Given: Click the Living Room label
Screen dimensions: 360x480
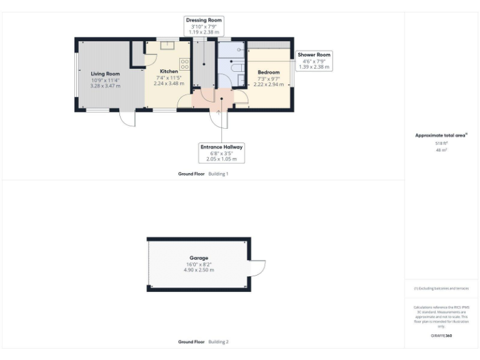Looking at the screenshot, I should pyautogui.click(x=105, y=74).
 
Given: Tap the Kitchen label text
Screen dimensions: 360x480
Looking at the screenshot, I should pyautogui.click(x=169, y=71).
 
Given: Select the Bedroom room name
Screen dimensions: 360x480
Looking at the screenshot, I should pyautogui.click(x=269, y=72).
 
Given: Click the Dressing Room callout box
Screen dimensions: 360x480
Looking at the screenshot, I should pyautogui.click(x=204, y=24).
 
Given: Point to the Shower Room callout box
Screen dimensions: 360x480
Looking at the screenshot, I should pyautogui.click(x=314, y=60).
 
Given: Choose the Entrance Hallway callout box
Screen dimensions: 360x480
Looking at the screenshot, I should pyautogui.click(x=221, y=152).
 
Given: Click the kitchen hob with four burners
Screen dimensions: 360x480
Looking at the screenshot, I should pyautogui.click(x=185, y=64).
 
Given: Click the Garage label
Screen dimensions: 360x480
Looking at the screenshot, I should pyautogui.click(x=199, y=257).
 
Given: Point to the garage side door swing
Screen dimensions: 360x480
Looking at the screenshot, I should pyautogui.click(x=257, y=267).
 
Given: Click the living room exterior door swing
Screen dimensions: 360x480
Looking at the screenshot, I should pyautogui.click(x=127, y=117).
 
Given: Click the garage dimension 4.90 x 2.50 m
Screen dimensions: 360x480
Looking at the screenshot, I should pyautogui.click(x=199, y=270).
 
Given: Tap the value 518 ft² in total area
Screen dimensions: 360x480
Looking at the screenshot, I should pyautogui.click(x=441, y=143).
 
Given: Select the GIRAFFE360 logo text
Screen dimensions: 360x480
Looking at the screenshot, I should pyautogui.click(x=441, y=336).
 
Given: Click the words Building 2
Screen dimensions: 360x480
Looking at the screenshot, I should pyautogui.click(x=218, y=342).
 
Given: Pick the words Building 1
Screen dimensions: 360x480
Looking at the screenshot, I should pyautogui.click(x=218, y=174).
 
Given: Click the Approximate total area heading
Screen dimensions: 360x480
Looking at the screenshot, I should pyautogui.click(x=441, y=135).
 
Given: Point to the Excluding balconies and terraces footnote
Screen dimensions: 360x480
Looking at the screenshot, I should pyautogui.click(x=441, y=288).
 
